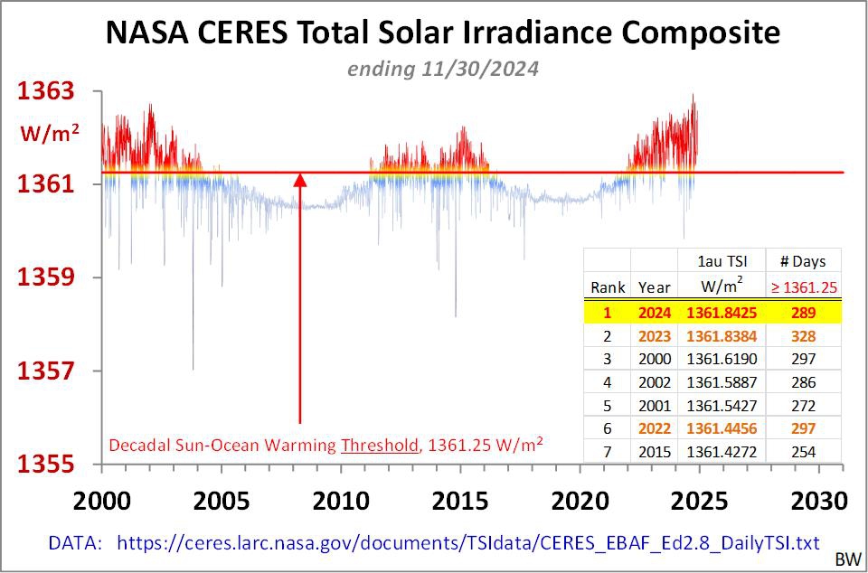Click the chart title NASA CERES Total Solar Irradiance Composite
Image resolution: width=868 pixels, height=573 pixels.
442,33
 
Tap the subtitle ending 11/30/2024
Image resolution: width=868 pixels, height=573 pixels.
442,69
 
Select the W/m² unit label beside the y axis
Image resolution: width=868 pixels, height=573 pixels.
51,134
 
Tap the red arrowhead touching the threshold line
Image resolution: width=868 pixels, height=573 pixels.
300,179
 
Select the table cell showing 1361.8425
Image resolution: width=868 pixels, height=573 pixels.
722,312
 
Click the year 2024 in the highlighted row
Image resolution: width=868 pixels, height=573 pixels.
654,312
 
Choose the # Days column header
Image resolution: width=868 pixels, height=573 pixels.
803,261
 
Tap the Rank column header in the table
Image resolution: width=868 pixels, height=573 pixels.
608,287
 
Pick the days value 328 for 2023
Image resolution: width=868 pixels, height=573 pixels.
803,335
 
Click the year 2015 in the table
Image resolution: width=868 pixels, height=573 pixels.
654,452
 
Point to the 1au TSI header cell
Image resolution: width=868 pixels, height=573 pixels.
722,261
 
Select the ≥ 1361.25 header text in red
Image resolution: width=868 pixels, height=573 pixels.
803,287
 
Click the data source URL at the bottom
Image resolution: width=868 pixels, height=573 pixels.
467,542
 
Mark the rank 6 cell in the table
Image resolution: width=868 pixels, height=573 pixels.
608,428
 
